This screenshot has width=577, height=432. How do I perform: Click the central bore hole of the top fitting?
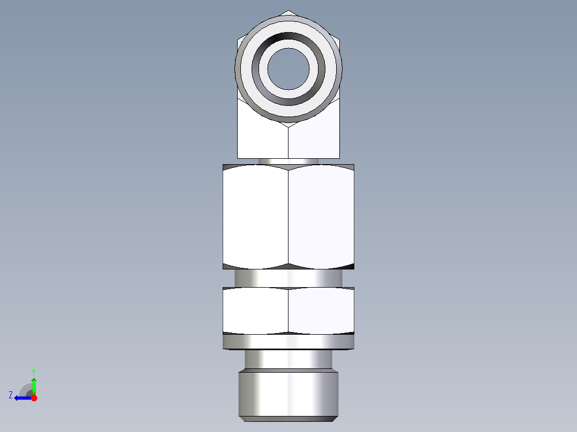tap(288, 68)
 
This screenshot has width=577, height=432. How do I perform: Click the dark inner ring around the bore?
tap(288, 41)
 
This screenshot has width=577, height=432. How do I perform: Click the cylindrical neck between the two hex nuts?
tap(288, 278)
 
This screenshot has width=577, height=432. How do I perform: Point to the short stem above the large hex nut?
tap(288, 161)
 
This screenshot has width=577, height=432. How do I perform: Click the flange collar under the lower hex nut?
tap(288, 342)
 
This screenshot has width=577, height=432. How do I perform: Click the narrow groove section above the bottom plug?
tap(288, 359)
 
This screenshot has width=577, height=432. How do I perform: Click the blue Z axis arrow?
tap(21, 398)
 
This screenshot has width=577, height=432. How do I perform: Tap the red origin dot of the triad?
tap(34, 398)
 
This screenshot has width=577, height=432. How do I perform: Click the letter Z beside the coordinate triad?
tap(11, 395)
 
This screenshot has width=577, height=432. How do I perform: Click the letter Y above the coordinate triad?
tap(34, 372)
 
